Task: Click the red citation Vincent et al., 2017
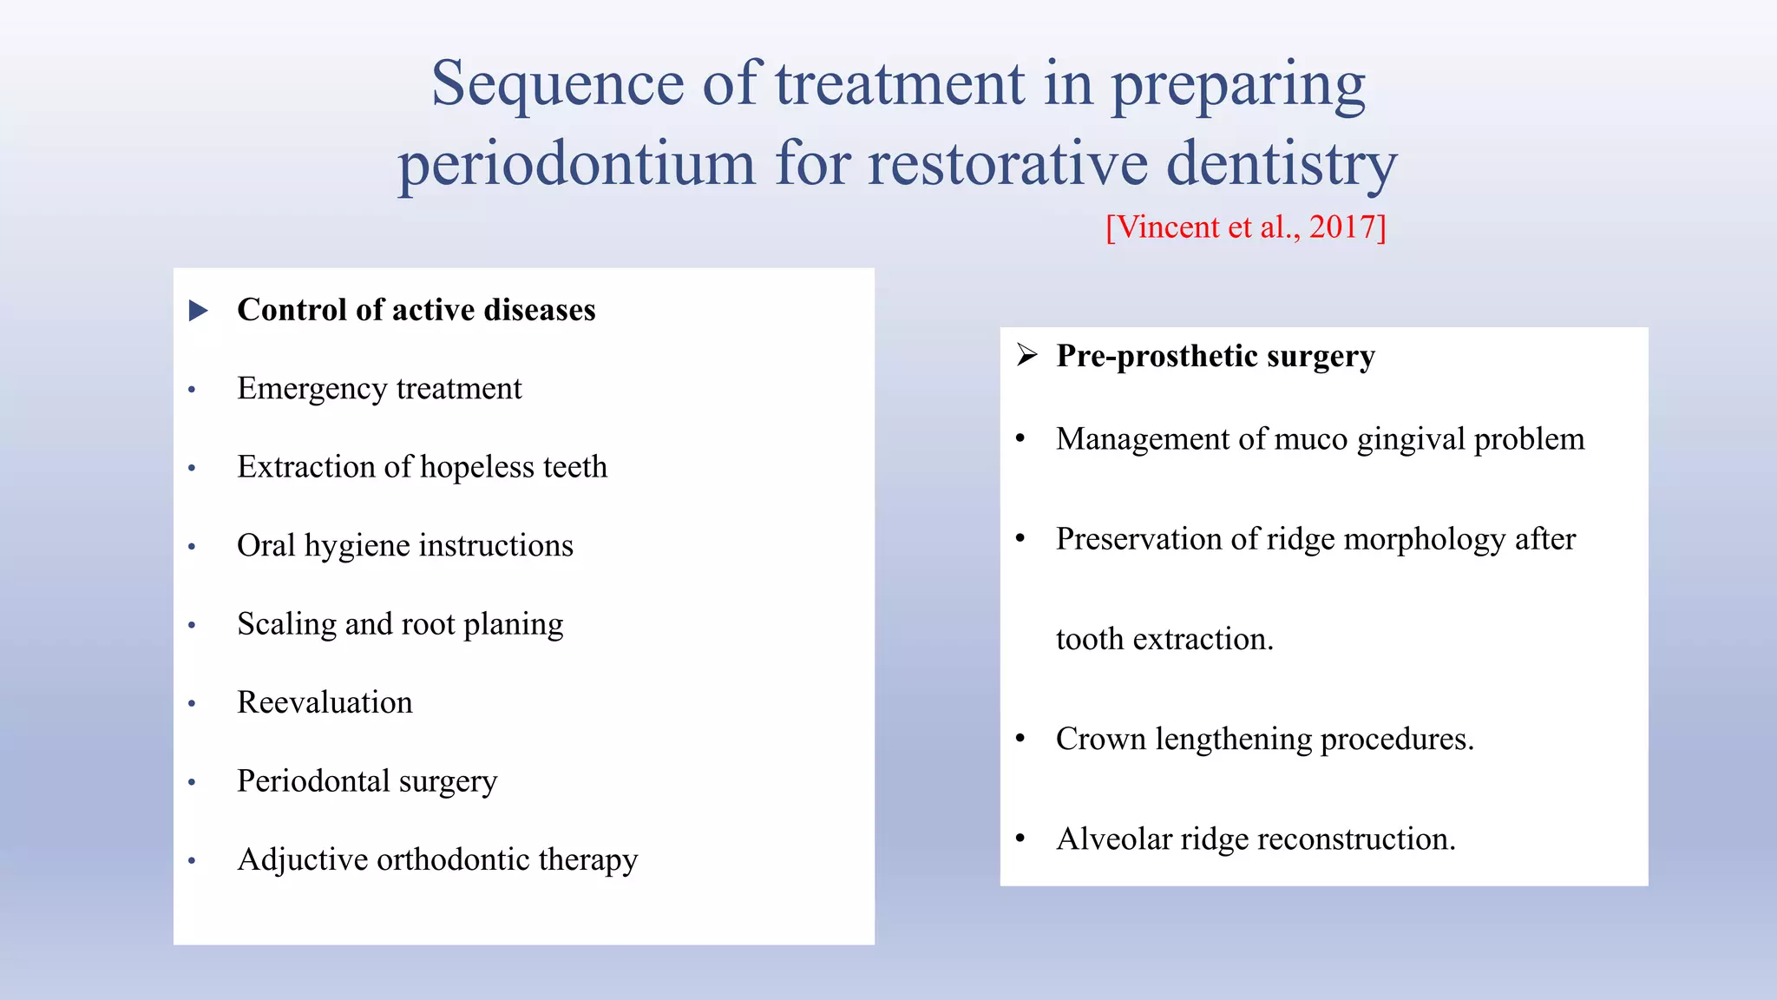coord(1246,227)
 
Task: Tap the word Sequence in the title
coord(558,84)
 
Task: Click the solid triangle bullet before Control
coord(199,311)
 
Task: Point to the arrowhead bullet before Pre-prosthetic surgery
coord(1027,355)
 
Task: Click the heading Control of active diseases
coord(416,310)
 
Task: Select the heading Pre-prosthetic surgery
coord(1215,356)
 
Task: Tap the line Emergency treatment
coord(379,389)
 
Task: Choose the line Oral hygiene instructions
coord(405,546)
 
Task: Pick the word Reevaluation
coord(325,702)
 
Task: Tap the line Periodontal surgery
coord(367,781)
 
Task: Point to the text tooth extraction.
coord(1164,639)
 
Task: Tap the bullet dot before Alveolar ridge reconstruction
coord(1020,839)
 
